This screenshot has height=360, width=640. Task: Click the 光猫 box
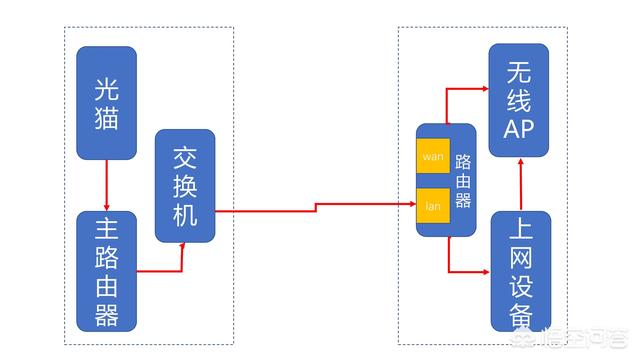point(106,103)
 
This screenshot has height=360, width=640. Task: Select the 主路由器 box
point(106,271)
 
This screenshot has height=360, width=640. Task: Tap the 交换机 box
point(185,185)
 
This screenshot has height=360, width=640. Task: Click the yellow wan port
point(432,157)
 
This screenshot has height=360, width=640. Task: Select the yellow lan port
point(432,205)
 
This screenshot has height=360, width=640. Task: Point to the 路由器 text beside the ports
point(462,180)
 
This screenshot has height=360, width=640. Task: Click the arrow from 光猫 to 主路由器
point(106,185)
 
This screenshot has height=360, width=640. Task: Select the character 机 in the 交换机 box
point(185,214)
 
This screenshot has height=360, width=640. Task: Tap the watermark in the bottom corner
point(590,340)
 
